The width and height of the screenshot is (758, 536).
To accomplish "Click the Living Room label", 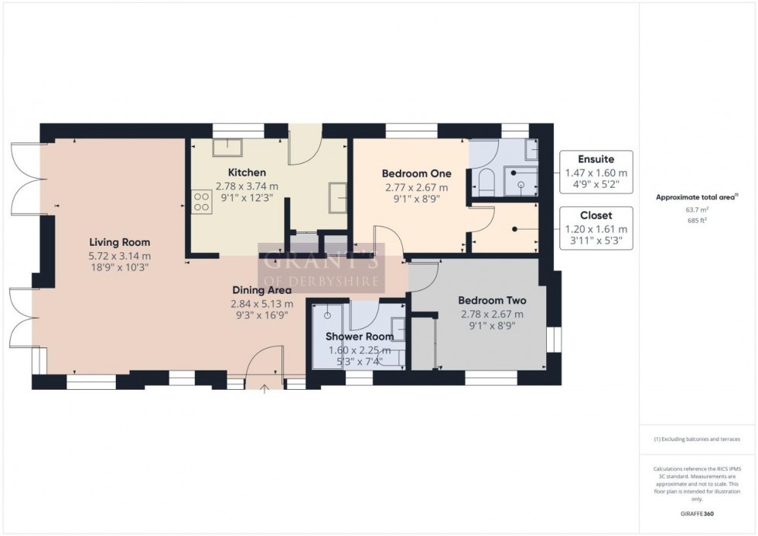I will click(119, 242).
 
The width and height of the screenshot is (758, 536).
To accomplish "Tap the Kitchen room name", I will click(247, 172).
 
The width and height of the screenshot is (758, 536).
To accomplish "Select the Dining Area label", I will click(261, 290).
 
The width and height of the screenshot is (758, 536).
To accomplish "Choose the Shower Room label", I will click(359, 336).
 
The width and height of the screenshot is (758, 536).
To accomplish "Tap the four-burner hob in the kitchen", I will click(202, 202).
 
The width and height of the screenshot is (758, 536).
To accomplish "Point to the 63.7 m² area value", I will click(698, 209).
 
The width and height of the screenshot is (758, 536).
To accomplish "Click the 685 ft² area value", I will click(698, 220).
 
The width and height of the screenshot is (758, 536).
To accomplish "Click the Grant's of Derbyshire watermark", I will click(320, 268).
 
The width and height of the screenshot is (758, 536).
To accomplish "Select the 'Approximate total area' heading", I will click(696, 197).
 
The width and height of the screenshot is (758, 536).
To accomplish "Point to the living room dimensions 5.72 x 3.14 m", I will click(119, 255).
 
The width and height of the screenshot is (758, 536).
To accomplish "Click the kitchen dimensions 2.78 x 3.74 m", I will click(247, 186).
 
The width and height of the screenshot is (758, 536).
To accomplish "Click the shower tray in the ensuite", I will click(521, 183).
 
